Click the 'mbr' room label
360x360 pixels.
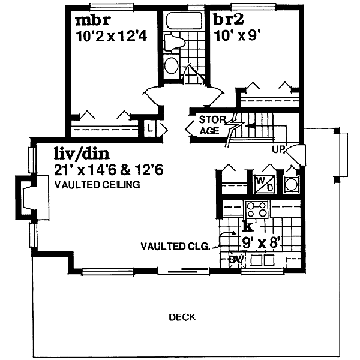(x=93, y=20)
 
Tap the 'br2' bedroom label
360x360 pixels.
(x=229, y=20)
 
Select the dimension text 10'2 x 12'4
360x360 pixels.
(x=112, y=36)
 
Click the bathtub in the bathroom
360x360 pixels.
(x=184, y=20)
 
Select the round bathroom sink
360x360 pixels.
(x=172, y=65)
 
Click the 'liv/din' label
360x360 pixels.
(x=82, y=154)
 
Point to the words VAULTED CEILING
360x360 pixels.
(x=97, y=185)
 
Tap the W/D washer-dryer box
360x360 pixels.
(x=264, y=184)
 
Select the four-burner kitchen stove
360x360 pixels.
(x=257, y=209)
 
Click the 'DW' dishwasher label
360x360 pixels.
(x=237, y=259)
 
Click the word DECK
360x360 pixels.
(x=182, y=317)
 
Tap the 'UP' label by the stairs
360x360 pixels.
(x=278, y=149)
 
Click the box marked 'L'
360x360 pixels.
(x=150, y=128)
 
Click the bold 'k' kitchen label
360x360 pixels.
(x=248, y=226)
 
